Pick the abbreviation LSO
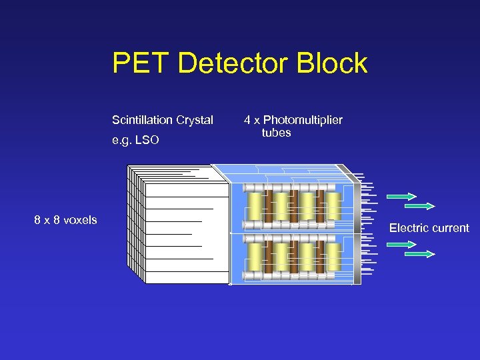[147, 141]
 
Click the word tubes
[276, 133]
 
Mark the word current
[451, 228]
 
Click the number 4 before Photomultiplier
[247, 120]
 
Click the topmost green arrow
[401, 197]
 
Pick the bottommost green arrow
[420, 254]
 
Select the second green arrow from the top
[420, 206]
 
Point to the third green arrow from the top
[401, 245]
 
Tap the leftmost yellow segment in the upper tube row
[255, 207]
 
